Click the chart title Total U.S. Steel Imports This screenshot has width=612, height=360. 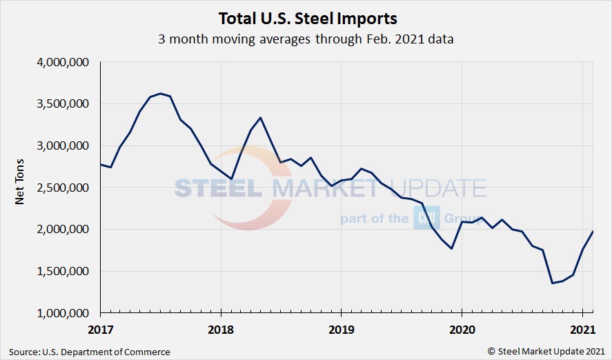(308, 17)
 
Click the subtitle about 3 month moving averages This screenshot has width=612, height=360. (306, 39)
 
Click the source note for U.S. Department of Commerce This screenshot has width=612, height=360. (89, 352)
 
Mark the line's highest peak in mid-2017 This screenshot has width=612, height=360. (160, 93)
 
